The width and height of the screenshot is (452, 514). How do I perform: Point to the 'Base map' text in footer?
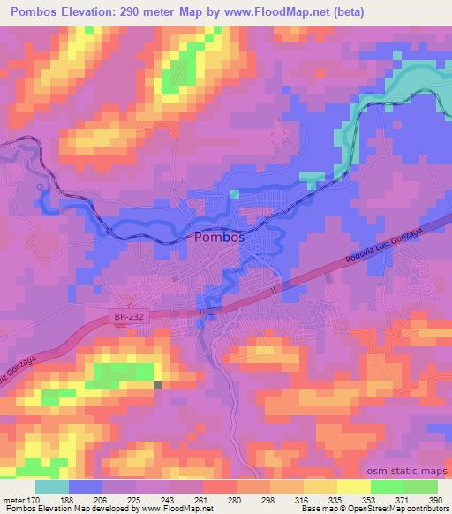(322, 510)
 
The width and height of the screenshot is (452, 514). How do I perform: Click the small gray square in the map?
(158, 384)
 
